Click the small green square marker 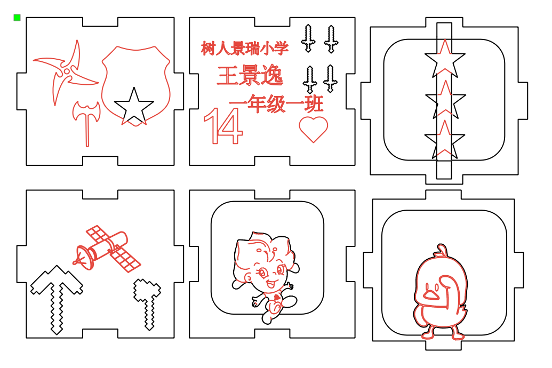coord(17,18)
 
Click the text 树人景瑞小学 coord(245,49)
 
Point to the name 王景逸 coord(250,76)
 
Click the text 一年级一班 coord(276,104)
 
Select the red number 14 coord(223,126)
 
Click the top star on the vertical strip coord(445,60)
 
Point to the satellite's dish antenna coord(81,256)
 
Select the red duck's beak coord(431,292)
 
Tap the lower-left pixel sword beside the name coord(308,79)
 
